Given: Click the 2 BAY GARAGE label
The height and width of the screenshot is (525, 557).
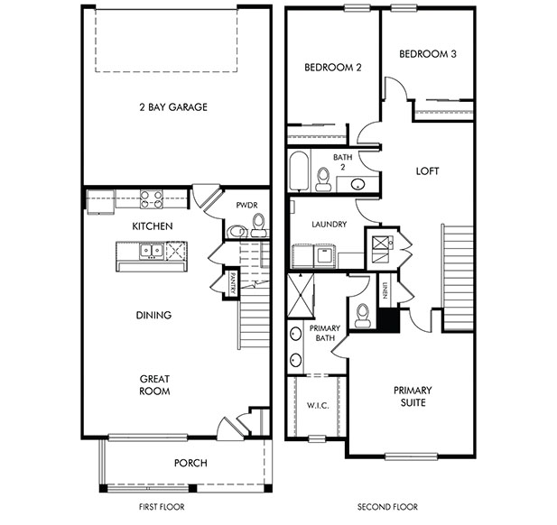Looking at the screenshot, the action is coord(173,106).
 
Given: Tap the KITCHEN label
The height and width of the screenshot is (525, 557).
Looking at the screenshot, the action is coord(153,226).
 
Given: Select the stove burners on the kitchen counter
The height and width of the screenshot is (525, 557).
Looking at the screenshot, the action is coord(152,199).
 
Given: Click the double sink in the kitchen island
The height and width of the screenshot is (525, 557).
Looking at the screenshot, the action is coord(152,251).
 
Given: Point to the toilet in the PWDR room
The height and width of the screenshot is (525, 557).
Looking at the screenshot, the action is coord(258,225).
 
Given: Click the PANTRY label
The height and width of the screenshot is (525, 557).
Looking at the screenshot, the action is coord(232,283).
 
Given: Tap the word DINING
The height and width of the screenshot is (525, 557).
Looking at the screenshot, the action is coord(153,315).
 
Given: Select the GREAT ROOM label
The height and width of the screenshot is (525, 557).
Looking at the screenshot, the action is coord(154,385).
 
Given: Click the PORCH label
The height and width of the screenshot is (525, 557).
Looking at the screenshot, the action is coord(190,463).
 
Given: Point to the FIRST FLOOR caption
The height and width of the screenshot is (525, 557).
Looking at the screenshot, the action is coord(162,507).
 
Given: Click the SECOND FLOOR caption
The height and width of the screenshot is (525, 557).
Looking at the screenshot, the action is coord(387,507).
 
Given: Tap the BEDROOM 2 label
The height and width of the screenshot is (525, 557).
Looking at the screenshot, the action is coord(333,68).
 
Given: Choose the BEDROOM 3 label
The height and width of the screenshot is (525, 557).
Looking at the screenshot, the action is coord(428,54).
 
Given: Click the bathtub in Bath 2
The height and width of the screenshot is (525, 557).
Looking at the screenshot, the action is coord(299,170).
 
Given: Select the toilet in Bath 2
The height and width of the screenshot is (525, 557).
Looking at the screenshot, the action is coord(322,180).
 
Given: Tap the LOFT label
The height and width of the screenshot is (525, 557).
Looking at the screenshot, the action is coord(427,171).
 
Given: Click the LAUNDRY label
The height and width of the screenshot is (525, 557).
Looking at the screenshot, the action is coord(330,225).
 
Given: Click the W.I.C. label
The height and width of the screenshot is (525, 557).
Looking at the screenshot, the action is coord(318,405).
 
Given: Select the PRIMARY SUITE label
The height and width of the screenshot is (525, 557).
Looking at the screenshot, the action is coord(413,397).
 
